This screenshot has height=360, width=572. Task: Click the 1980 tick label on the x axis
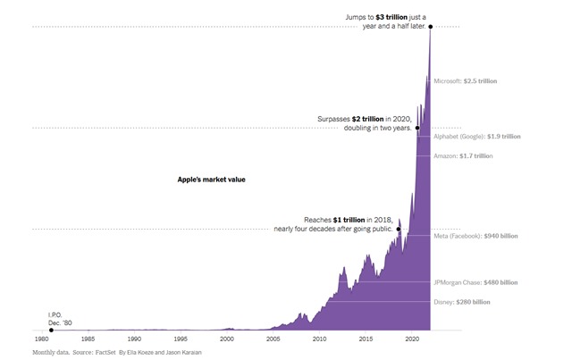pyautogui.click(x=41, y=340)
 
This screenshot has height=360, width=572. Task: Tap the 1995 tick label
pyautogui.click(x=181, y=340)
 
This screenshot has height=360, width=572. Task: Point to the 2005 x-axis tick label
pyautogui.click(x=273, y=340)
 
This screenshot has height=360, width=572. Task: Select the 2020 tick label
pyautogui.click(x=412, y=340)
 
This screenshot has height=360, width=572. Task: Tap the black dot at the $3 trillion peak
pyautogui.click(x=431, y=27)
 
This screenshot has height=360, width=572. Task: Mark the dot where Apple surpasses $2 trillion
pyautogui.click(x=417, y=128)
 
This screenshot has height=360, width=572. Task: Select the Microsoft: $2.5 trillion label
pyautogui.click(x=465, y=81)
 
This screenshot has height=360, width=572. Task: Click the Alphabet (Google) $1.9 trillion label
pyautogui.click(x=476, y=137)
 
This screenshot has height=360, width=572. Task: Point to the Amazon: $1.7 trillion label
pyautogui.click(x=463, y=156)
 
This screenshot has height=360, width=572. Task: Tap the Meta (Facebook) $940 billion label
pyautogui.click(x=474, y=237)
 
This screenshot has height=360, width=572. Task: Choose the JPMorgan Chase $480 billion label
pyautogui.click(x=475, y=283)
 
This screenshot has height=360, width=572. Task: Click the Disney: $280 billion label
pyautogui.click(x=462, y=302)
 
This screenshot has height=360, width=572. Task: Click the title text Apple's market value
pyautogui.click(x=211, y=180)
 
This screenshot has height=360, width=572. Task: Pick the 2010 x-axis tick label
pyautogui.click(x=320, y=340)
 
